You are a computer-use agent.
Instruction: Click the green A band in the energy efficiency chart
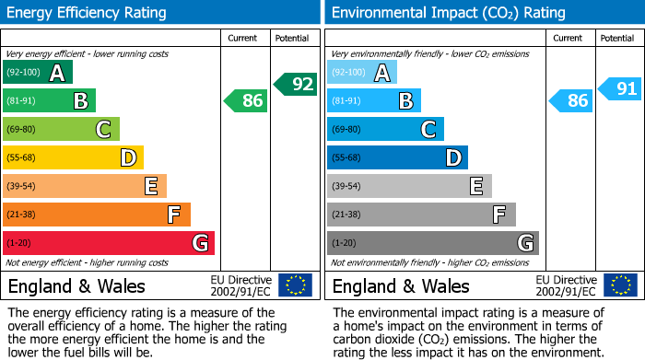pos(37,73)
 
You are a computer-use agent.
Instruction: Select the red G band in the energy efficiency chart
pos(108,243)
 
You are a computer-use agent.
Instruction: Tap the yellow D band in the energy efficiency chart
pos(73,158)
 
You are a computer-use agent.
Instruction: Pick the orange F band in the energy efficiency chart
pos(96,215)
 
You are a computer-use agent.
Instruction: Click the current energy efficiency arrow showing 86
pos(247,100)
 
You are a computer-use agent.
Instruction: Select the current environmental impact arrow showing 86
pos(571,100)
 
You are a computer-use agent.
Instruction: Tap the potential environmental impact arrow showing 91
pos(620,89)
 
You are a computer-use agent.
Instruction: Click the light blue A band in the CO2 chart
pos(362,73)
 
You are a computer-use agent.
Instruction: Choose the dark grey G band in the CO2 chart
pos(432,243)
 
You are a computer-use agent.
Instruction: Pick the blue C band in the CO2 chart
pos(385,130)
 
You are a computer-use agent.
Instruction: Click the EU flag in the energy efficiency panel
pos(295,285)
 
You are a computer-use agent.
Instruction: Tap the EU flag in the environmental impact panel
pos(619,285)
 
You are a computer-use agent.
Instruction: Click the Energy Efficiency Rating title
pos(88,13)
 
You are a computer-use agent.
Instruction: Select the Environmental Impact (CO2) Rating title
pos(448,13)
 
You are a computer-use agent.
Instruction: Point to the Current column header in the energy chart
pos(242,38)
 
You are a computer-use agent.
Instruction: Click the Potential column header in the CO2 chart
pos(616,38)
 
